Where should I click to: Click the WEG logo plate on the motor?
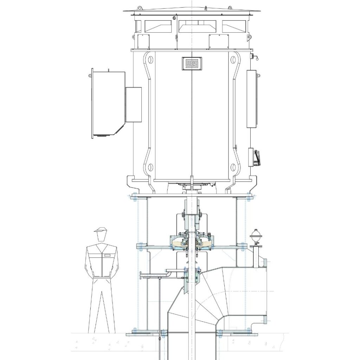[x=192, y=63]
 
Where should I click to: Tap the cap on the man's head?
[x=101, y=230]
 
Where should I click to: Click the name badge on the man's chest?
[x=107, y=255]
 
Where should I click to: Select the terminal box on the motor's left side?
[x=108, y=104]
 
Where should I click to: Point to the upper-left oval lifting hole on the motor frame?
[x=150, y=59]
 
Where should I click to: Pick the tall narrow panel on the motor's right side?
[x=252, y=99]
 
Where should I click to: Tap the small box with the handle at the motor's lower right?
[x=255, y=157]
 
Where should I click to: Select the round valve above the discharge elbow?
[x=255, y=234]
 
